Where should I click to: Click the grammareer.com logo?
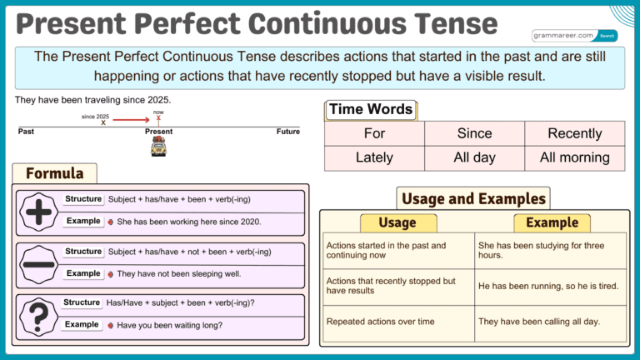(574, 36)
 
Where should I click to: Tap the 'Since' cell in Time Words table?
(474, 133)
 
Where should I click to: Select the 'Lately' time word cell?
(374, 157)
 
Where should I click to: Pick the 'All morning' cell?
(574, 157)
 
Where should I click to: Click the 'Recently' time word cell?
(574, 133)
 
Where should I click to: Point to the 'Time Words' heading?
(371, 109)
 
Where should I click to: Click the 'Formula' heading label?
(55, 173)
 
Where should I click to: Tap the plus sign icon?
(37, 211)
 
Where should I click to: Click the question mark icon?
(37, 315)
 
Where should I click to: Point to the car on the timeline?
(158, 147)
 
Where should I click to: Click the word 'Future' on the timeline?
(287, 132)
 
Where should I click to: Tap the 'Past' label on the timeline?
(27, 132)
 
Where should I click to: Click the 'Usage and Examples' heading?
(473, 198)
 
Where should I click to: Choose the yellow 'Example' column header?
(552, 222)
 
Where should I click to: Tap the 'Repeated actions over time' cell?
(380, 321)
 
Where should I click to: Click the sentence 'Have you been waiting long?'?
(169, 325)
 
